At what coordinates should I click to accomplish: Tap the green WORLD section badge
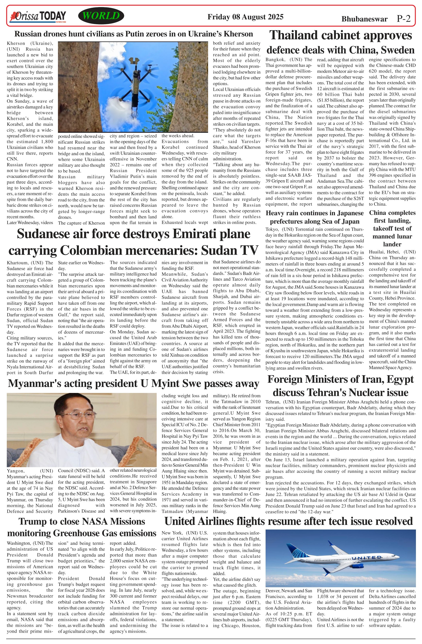tap(101, 16)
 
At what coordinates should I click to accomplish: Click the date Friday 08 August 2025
tap(245, 17)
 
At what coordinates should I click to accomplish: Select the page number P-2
tap(403, 19)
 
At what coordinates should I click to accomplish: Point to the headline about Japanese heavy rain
tap(315, 217)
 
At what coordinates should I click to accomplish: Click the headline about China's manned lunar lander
tap(392, 228)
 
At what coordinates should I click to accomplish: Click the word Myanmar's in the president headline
tap(31, 383)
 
